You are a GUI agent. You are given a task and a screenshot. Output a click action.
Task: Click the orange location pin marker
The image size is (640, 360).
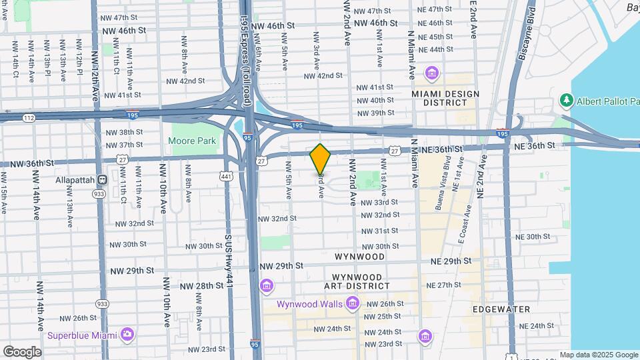tap(320, 158)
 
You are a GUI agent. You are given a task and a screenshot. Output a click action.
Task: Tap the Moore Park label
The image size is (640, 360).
tap(192, 141)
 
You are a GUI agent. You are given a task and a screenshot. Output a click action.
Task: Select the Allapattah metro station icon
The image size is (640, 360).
tap(103, 179)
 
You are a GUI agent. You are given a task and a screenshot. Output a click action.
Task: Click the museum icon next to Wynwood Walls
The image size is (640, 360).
tap(352, 304)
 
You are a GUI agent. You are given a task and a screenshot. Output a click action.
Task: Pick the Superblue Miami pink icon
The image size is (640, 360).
tap(127, 334)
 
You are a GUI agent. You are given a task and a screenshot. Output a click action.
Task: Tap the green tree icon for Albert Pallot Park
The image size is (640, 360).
tap(567, 101)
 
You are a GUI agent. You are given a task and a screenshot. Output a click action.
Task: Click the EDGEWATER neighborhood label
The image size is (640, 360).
tap(501, 309)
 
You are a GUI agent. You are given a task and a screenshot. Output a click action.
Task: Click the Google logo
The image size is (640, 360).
tap(22, 351)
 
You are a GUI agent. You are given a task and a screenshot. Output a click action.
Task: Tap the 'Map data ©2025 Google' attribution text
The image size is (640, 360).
tap(599, 355)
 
